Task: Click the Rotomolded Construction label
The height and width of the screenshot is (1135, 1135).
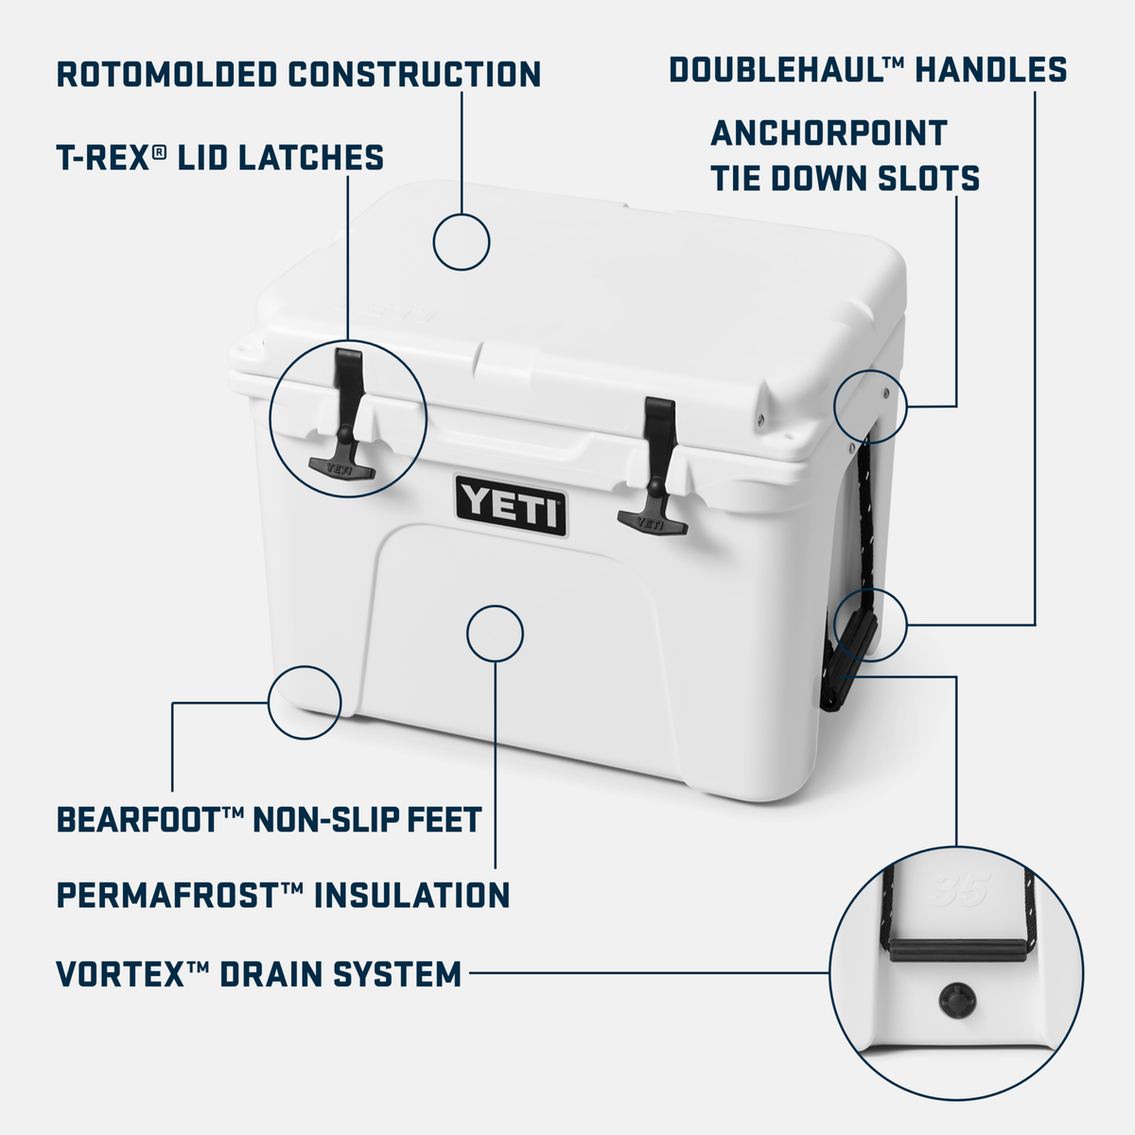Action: (299, 74)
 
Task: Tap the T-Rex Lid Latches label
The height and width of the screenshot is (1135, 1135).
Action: (220, 157)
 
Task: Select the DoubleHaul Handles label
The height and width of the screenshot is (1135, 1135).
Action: (868, 70)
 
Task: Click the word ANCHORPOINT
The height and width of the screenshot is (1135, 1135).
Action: (829, 133)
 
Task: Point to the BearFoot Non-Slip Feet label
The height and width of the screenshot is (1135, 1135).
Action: (270, 819)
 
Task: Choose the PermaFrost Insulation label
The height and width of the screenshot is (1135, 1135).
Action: (283, 895)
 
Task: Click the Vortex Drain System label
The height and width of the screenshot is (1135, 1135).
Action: (258, 973)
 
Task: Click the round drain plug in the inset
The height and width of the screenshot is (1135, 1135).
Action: (953, 998)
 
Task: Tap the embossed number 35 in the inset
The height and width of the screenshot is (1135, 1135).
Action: (959, 888)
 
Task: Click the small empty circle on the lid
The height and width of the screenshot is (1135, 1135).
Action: (462, 242)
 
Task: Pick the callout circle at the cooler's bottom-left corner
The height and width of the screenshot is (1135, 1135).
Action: (305, 702)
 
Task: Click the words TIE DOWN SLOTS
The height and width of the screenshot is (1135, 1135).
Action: (846, 179)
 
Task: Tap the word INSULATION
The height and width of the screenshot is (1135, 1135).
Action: (411, 895)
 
